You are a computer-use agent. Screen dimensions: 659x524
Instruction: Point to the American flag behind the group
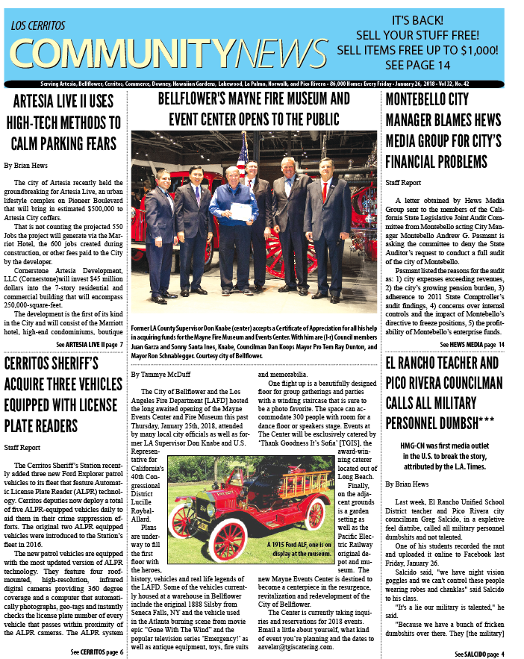241,154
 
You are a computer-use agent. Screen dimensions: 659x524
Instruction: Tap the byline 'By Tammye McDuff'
161,374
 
